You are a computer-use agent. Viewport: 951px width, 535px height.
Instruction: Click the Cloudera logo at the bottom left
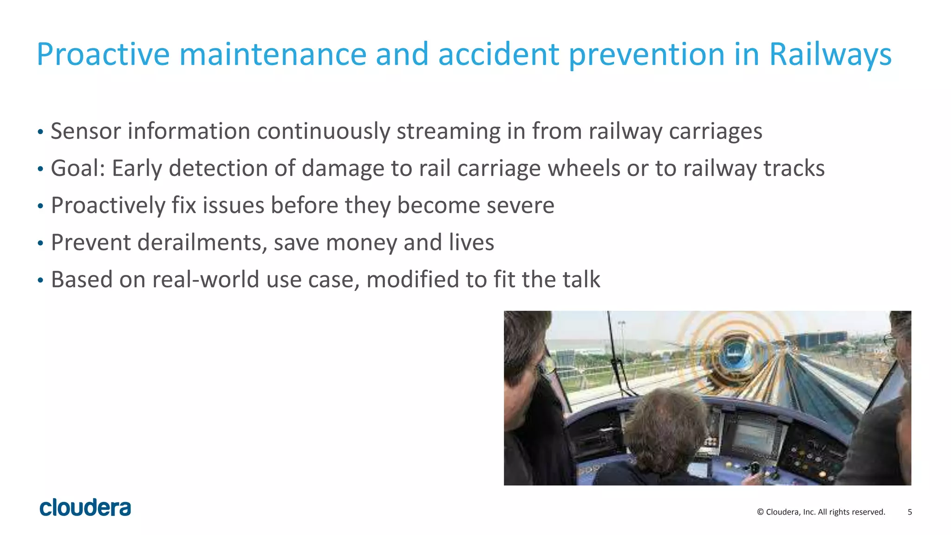85,508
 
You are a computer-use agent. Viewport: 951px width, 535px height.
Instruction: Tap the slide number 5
910,512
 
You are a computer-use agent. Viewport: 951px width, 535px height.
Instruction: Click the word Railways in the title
830,54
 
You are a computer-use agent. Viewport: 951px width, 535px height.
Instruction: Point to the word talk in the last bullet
581,280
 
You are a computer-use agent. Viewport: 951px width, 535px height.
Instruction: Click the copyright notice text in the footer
821,512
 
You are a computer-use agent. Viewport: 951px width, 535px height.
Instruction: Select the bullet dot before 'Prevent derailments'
41,243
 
